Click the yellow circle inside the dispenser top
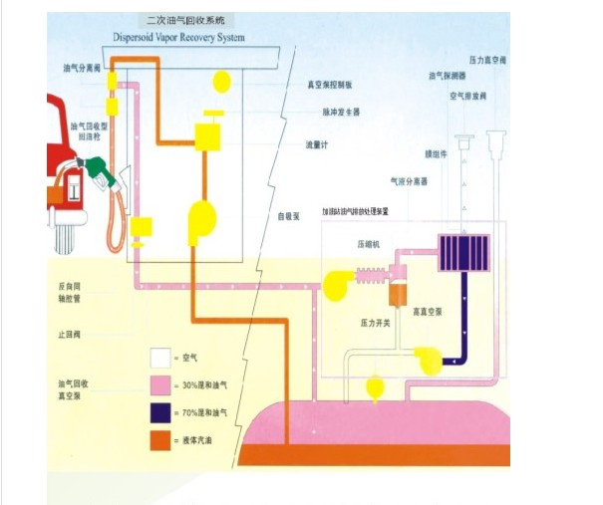(x=220, y=80)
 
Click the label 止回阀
(x=68, y=335)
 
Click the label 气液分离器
(x=408, y=181)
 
